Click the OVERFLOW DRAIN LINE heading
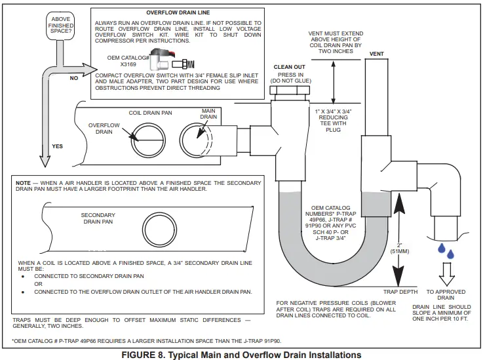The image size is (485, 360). click(x=176, y=12)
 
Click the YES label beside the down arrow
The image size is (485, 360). click(x=57, y=146)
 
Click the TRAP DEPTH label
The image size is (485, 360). click(x=401, y=290)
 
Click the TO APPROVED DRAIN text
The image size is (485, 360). click(x=446, y=294)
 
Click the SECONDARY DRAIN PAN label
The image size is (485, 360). click(x=98, y=218)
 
